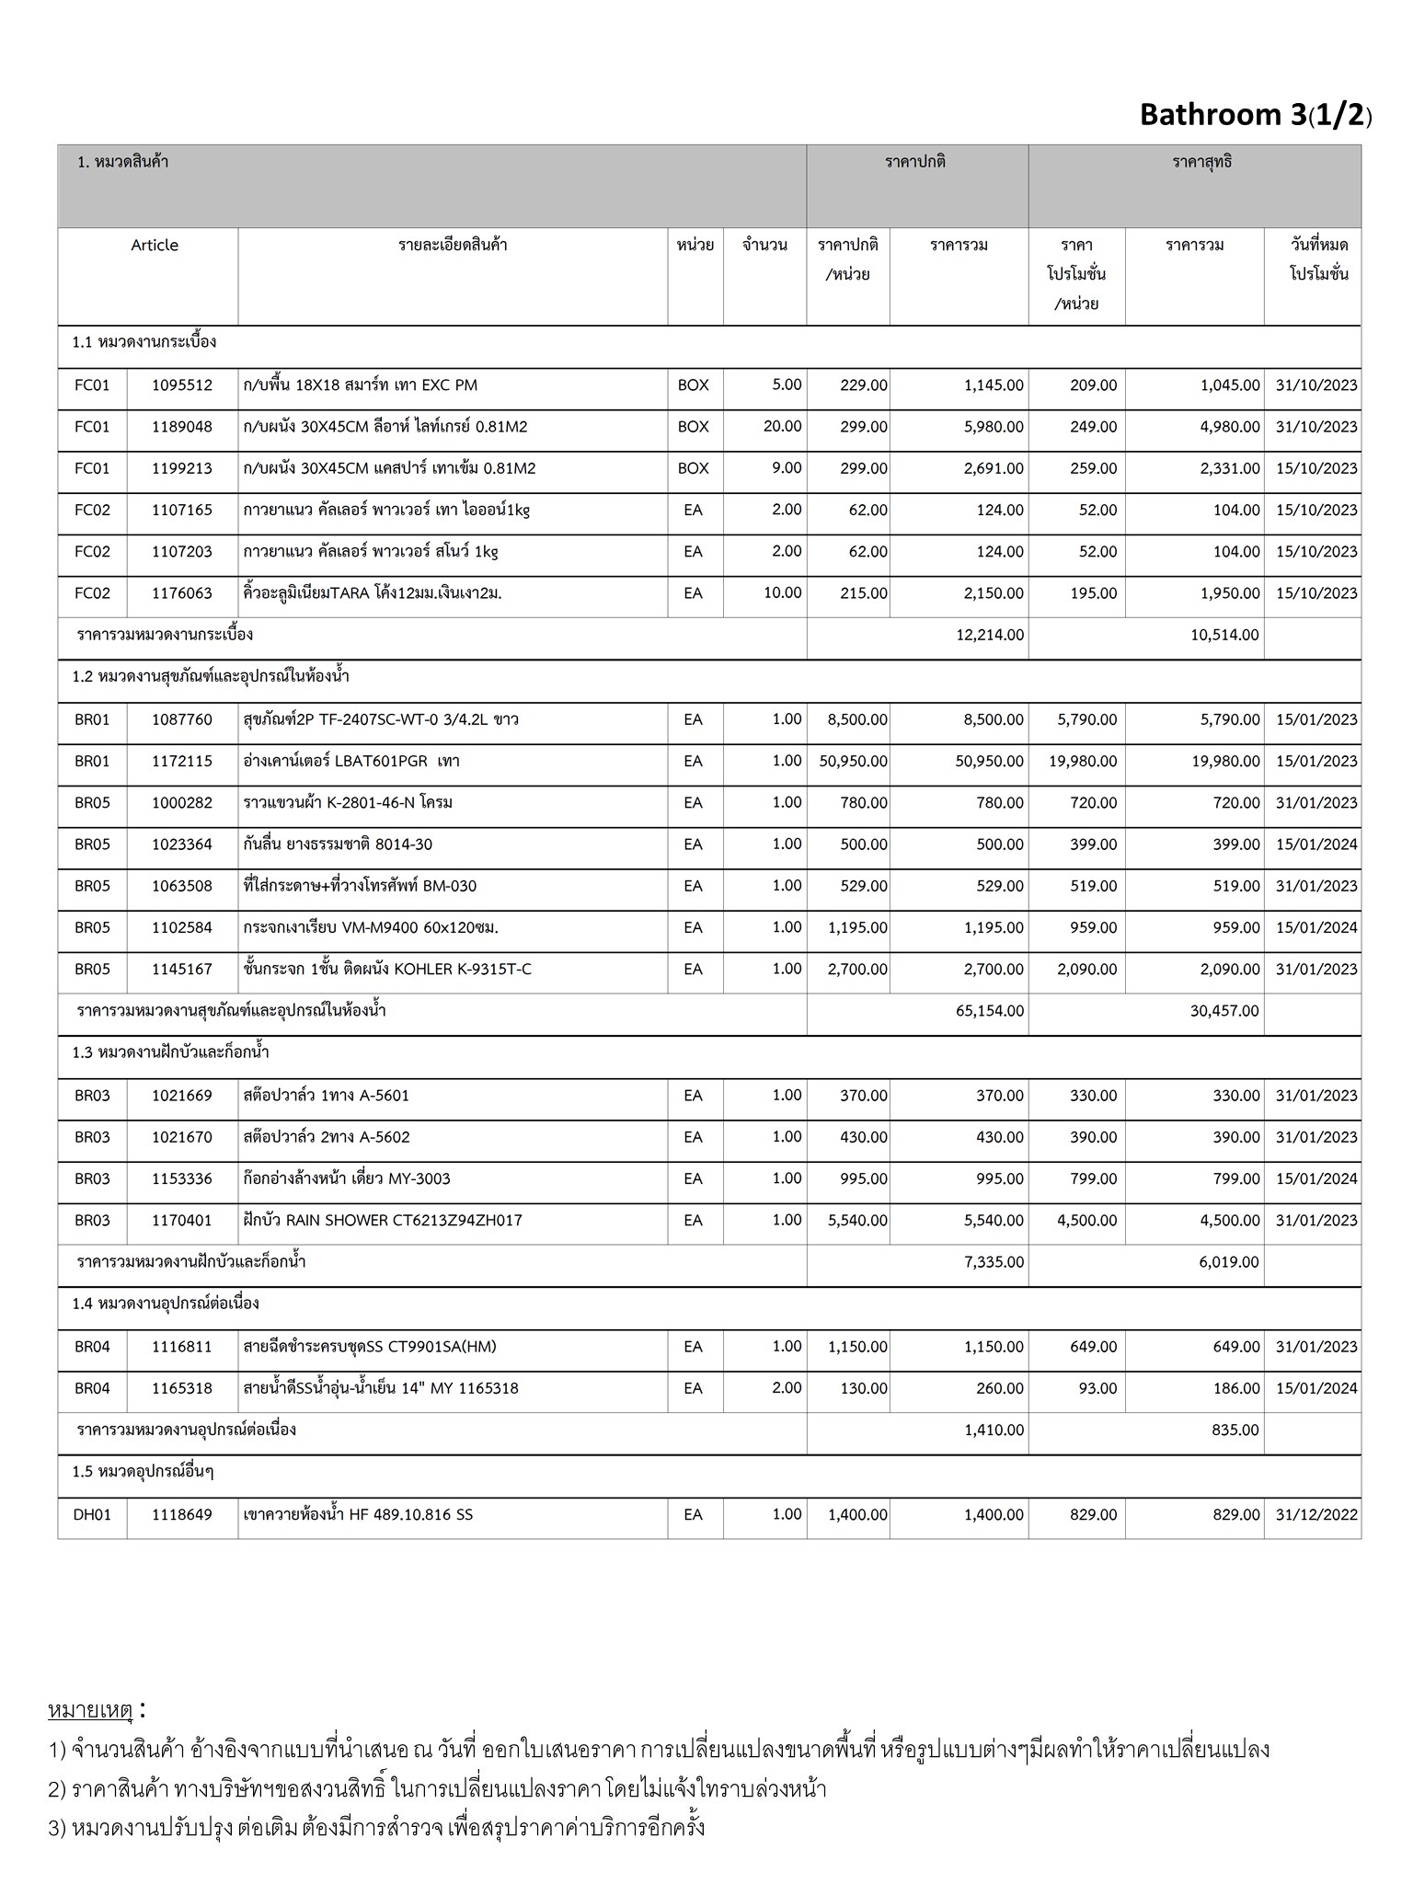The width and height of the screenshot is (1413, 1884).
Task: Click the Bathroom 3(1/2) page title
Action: tap(1255, 115)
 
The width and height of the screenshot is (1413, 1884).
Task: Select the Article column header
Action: tap(155, 246)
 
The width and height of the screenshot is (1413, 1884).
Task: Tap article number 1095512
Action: tap(182, 385)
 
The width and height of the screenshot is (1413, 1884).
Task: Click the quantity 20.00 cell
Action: tap(782, 427)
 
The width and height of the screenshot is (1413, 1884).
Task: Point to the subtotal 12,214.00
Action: tap(990, 635)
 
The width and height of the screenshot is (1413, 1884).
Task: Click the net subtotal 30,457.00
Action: tap(1223, 1011)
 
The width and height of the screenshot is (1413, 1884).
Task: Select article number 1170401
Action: tap(182, 1221)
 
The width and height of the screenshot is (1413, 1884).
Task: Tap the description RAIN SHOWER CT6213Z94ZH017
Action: tap(383, 1221)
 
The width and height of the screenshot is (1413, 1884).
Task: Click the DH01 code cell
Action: tap(92, 1515)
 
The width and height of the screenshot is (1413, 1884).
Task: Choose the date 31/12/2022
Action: tap(1315, 1515)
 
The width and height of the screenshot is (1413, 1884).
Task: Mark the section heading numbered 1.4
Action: tap(166, 1304)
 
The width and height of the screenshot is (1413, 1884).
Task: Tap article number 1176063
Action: tap(182, 593)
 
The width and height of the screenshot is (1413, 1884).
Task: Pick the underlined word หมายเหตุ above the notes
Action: tap(90, 1711)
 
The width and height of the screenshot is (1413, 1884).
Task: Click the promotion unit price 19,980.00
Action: tap(1083, 762)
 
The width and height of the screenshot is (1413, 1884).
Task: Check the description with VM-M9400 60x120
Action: tap(371, 928)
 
